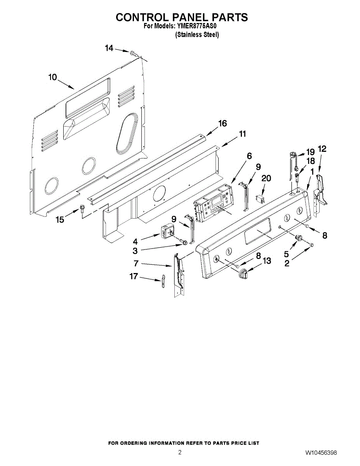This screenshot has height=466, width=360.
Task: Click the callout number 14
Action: pos(109,48)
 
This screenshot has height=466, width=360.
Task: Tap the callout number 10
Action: pos(52,77)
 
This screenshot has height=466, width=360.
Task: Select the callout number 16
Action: pos(222,123)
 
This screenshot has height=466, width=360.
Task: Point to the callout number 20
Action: pos(266,178)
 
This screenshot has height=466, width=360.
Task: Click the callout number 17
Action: pos(134,276)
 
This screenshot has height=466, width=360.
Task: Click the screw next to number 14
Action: pos(134,53)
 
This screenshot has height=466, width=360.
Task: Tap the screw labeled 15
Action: pos(82,209)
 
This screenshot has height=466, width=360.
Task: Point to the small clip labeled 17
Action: pos(163,281)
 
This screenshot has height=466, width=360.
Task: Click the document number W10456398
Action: pos(320,453)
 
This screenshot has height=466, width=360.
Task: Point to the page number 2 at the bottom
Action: pos(180,452)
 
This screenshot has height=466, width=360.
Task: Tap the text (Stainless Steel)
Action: pos(197,35)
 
